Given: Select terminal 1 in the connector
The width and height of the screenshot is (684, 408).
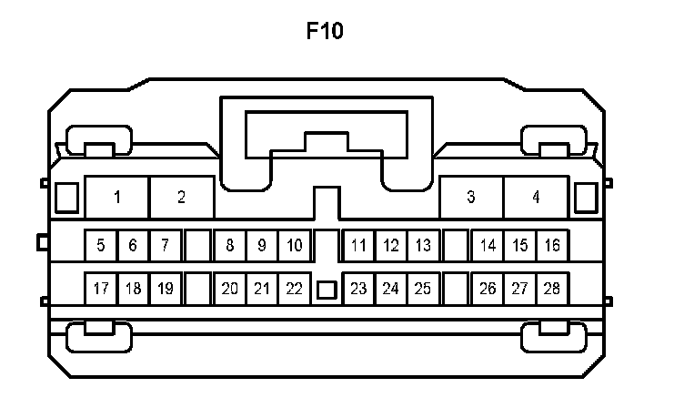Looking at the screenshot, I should (x=117, y=197).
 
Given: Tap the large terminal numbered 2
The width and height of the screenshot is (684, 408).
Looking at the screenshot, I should (x=181, y=197).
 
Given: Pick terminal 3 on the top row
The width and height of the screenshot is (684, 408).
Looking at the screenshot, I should (x=470, y=197).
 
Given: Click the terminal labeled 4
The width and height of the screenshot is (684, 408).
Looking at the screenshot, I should (x=536, y=197).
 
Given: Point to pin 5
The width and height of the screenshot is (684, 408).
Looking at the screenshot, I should (x=100, y=245).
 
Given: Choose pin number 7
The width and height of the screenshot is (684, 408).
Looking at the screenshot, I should (x=165, y=245).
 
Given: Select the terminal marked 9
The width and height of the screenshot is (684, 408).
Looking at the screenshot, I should (x=262, y=245).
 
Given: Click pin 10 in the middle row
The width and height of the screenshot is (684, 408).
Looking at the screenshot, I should (x=294, y=245).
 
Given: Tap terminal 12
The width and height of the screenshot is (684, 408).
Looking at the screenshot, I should (x=391, y=245).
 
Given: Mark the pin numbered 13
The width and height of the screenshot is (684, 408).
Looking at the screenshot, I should (x=423, y=245).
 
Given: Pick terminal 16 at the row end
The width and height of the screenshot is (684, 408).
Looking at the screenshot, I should (x=552, y=245).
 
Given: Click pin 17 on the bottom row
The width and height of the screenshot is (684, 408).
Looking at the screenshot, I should (x=100, y=289).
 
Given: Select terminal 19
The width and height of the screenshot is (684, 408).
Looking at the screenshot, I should (x=165, y=289).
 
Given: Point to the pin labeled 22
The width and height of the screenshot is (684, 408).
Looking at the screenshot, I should (x=294, y=289).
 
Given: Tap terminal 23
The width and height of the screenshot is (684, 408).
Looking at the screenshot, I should (x=359, y=289).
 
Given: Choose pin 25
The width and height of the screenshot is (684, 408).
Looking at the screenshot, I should (x=423, y=289).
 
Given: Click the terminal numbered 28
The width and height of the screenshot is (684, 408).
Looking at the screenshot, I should (x=552, y=289).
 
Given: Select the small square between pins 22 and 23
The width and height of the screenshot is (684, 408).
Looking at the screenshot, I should (x=326, y=291).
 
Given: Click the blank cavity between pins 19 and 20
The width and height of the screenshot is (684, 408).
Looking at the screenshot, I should (x=197, y=289).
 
